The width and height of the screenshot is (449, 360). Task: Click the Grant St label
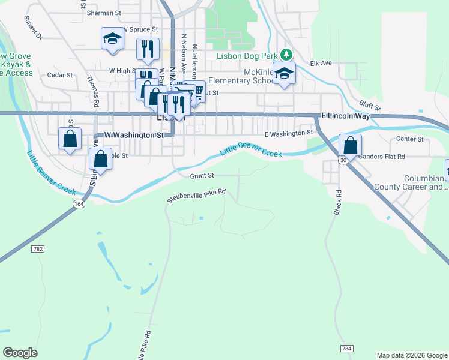[202, 176]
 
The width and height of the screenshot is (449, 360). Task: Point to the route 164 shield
[80, 204]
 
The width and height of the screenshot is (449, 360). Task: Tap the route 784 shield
[346, 348]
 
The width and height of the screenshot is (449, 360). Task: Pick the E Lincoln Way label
[346, 116]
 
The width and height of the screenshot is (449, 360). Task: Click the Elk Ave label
[321, 63]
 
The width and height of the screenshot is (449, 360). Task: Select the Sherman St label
[104, 12]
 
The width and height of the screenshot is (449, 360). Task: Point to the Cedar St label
[60, 76]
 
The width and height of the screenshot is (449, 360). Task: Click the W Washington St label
[134, 136]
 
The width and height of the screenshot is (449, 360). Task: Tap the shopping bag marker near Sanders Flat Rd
[351, 145]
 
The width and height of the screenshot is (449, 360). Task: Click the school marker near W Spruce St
[111, 40]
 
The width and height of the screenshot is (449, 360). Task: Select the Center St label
[410, 139]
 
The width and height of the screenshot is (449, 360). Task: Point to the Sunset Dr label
[33, 27]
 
